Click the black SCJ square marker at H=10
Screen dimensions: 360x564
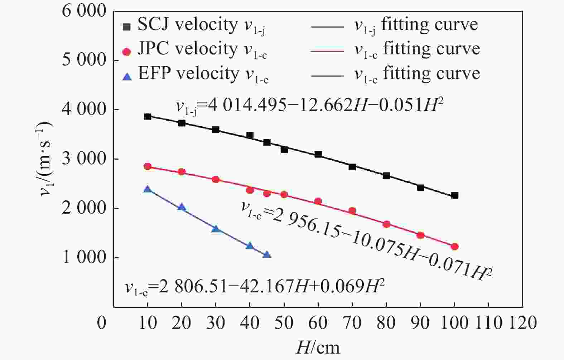point(148,117)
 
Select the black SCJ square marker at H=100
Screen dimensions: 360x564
point(455,195)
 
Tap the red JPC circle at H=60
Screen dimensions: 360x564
point(318,201)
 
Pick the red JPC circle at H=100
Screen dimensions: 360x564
point(455,247)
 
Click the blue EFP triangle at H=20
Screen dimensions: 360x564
point(182,207)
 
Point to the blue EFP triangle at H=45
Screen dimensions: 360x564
point(267,254)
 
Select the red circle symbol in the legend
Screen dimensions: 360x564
point(126,52)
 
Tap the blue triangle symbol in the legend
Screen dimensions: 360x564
point(127,76)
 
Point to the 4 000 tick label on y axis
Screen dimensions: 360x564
point(85,110)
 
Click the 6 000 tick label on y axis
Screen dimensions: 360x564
point(85,11)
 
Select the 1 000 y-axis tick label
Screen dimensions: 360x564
point(85,258)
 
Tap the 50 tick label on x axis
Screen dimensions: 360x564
point(284,323)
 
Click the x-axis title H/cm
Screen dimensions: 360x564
point(318,347)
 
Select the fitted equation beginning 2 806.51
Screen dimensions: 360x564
point(255,287)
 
